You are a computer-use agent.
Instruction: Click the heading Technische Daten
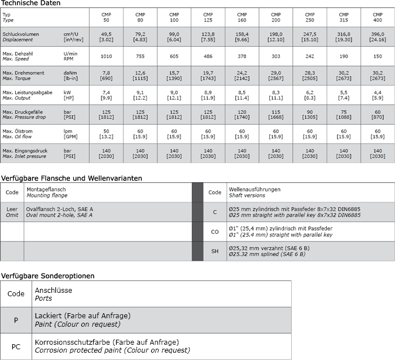30,3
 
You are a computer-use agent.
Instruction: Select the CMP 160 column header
242,17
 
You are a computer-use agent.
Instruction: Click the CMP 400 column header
377,17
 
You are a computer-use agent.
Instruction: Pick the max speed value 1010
106,56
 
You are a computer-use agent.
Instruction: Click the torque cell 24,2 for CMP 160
242,73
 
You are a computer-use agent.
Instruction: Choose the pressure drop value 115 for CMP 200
275,112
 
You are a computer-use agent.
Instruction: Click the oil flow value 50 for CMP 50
106,131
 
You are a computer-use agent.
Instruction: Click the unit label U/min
71,53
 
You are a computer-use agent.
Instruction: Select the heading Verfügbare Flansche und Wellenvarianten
71,178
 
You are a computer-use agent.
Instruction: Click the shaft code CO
214,231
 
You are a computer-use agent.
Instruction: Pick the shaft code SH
214,251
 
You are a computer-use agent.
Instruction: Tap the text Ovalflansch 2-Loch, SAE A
59,209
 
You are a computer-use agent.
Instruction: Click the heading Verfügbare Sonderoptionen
47,276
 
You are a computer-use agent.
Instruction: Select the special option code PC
16,346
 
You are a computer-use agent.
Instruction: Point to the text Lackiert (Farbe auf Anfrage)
82,316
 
